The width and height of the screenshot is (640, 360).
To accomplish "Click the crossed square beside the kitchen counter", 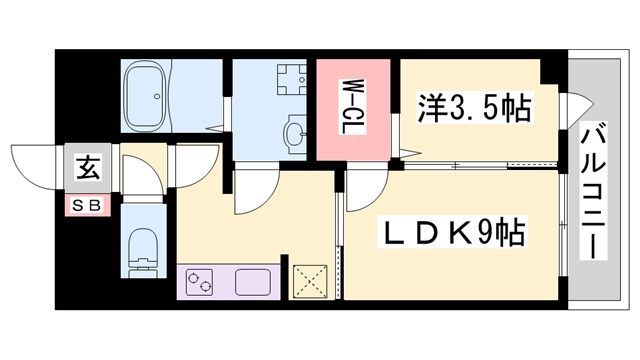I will [x=310, y=280].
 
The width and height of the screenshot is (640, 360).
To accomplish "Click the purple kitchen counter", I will [x=229, y=283].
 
